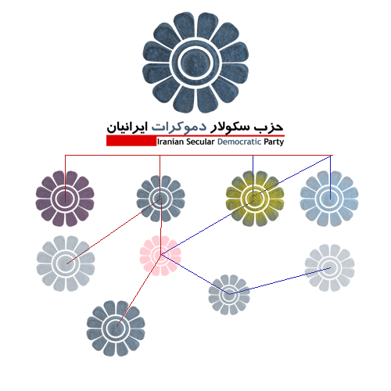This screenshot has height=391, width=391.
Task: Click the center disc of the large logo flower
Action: click(195, 63)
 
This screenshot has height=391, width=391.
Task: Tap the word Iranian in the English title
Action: click(170, 142)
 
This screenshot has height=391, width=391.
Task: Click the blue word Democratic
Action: click(239, 142)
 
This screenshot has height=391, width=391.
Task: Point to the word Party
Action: click(274, 142)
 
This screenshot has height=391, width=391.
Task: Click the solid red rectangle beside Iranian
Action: click(131, 141)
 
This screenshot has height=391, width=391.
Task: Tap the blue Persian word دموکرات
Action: click(179, 127)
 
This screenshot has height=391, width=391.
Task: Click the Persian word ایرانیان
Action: click(127, 127)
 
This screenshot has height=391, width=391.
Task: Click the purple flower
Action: click(65, 199)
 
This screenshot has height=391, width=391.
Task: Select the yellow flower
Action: click(255, 199)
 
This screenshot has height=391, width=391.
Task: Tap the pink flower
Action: click(160, 256)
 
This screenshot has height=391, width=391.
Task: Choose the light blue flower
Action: click(329, 199)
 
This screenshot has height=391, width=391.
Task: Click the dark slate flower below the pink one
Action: click(116, 328)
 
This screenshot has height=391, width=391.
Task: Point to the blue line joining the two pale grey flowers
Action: click(280, 281)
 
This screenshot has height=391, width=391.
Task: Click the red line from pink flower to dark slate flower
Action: click(139, 290)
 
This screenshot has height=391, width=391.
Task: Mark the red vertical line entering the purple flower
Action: click(65, 178)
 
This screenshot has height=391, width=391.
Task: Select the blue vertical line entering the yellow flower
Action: click(253, 175)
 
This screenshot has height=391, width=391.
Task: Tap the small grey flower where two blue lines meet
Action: click(229, 295)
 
